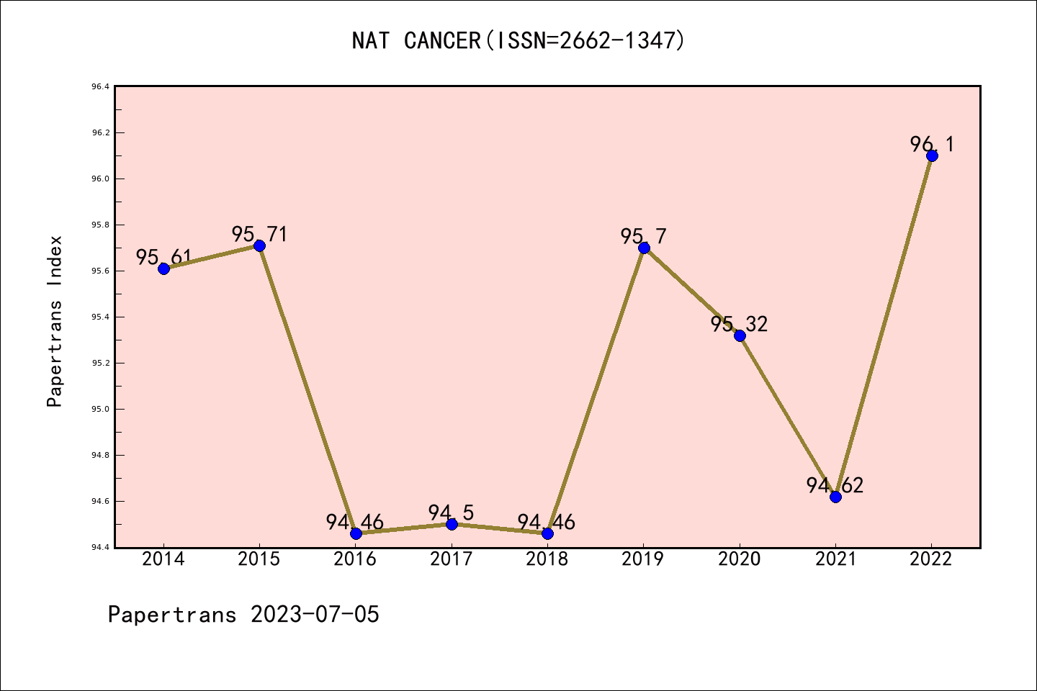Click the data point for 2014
tap(163, 268)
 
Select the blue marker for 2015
tap(259, 245)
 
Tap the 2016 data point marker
tap(356, 533)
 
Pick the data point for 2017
tap(452, 524)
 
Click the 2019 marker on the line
tap(644, 248)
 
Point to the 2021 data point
tap(835, 497)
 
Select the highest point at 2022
tap(932, 155)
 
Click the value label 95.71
tap(259, 234)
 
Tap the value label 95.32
tap(740, 324)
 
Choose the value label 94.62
tap(835, 485)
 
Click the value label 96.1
tap(932, 144)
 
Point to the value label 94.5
tap(452, 512)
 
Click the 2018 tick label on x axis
tap(547, 559)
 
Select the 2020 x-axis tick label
tap(740, 559)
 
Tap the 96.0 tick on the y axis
tap(100, 179)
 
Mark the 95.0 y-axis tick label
tap(100, 409)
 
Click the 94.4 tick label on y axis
tap(100, 547)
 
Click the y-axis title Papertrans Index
tap(55, 321)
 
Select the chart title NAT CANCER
tap(518, 40)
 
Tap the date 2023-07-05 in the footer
tap(315, 614)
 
